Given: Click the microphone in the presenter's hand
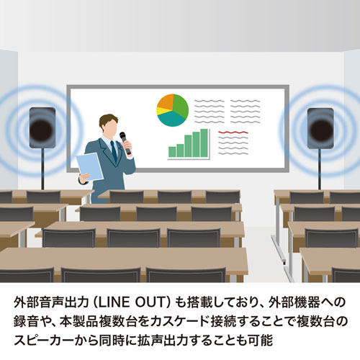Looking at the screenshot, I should [x=124, y=141].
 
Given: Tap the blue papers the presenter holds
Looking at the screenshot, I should [x=89, y=166].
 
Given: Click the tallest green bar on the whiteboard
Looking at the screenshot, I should [x=205, y=142].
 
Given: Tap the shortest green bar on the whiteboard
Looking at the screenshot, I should [x=171, y=151].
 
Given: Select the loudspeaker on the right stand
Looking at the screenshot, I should [x=320, y=127].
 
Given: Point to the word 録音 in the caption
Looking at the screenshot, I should [x=24, y=318].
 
